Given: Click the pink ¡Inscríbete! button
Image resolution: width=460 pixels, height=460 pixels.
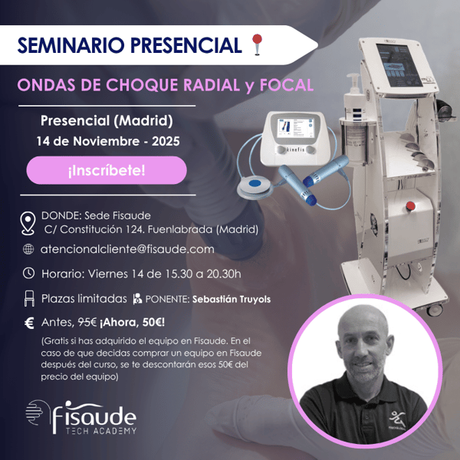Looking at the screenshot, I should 107,170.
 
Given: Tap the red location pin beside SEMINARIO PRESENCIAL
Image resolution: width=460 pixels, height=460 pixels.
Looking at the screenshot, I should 256,45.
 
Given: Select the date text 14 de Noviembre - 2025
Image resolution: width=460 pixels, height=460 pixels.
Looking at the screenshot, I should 106,141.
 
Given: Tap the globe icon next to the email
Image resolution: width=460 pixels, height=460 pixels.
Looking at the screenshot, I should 28,249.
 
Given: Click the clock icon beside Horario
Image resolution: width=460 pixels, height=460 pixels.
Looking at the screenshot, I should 28,273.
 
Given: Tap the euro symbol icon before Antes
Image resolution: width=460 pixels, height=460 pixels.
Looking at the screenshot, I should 28,323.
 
